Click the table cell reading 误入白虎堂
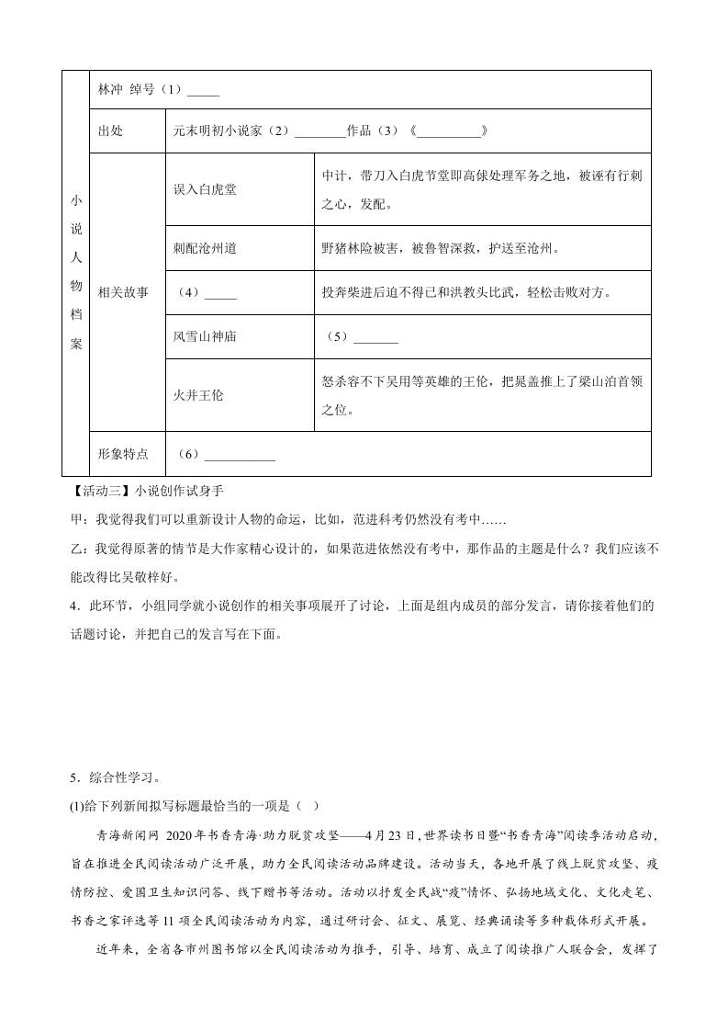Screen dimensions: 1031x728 [205, 189]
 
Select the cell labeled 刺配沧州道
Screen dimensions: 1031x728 [205, 248]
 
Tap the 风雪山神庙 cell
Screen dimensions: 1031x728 [205, 336]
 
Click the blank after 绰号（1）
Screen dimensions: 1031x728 [203, 91]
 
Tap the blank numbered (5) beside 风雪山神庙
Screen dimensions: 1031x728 [375, 337]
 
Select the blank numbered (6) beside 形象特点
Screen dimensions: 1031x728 [239, 455]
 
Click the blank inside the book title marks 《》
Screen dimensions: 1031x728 [449, 131]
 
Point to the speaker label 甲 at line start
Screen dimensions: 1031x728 [77, 520]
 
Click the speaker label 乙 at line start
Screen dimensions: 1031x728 [77, 549]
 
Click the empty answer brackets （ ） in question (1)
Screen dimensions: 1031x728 [308, 806]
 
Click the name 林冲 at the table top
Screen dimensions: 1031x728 [109, 90]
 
